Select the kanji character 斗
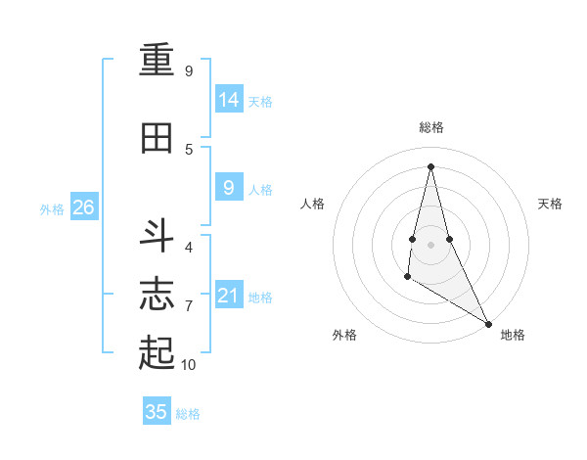coord(157,236)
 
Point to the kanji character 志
coord(157,293)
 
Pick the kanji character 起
coord(157,351)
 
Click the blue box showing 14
coord(229,99)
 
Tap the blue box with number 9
coord(229,187)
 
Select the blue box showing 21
coord(229,295)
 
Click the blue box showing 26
coord(83,207)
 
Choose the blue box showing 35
coord(157,412)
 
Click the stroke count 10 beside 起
coord(189,365)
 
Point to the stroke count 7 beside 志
coord(189,306)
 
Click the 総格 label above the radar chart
coord(431,127)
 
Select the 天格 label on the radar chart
coord(550,204)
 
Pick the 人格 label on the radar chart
coord(312,204)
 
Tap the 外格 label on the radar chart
coord(344,335)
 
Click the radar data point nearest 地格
coord(489,323)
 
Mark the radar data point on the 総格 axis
coord(431,165)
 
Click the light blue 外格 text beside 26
coord(52,208)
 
